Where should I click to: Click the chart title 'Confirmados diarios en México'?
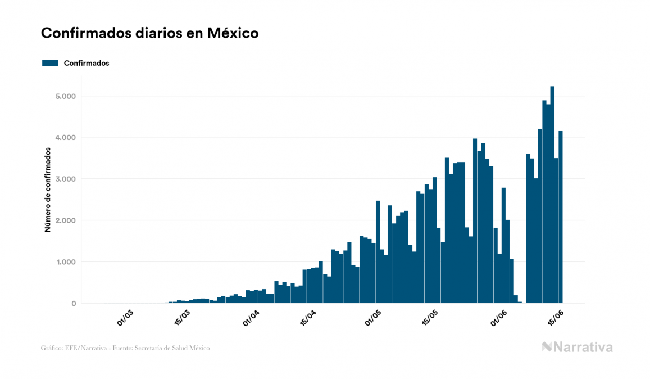pos(149,33)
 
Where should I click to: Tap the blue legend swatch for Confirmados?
pos(50,63)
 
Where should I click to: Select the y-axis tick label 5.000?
pos(65,96)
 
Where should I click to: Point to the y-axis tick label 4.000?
pos(65,138)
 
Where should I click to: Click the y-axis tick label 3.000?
pos(65,179)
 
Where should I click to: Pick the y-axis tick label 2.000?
pos(65,220)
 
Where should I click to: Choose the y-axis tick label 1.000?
pos(65,262)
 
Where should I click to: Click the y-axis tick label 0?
pos(73,304)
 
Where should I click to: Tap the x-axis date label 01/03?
pos(125,317)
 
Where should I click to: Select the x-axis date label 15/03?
pos(181,318)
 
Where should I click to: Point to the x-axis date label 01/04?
pos(250,317)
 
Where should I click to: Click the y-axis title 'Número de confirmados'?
pos(48,190)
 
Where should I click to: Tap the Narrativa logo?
pos(577,347)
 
